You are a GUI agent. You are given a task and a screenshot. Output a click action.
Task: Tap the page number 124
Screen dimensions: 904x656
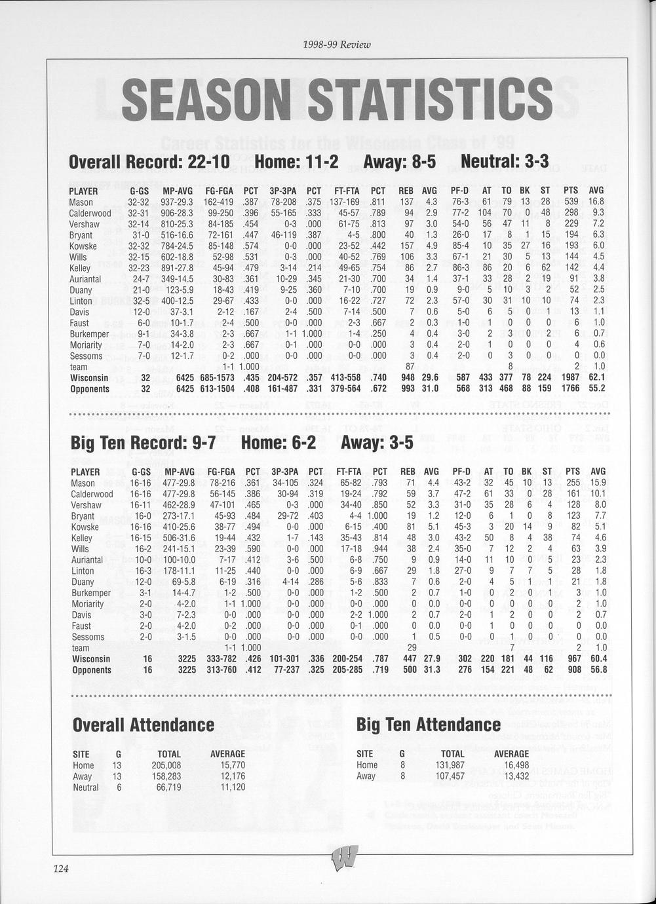pyautogui.click(x=61, y=869)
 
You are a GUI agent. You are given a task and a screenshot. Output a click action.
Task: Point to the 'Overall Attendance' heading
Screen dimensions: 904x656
pyautogui.click(x=144, y=725)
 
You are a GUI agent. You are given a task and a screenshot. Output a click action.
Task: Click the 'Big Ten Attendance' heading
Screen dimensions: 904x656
pyautogui.click(x=428, y=725)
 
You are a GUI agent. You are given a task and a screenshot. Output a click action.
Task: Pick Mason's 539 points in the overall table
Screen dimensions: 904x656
pyautogui.click(x=572, y=202)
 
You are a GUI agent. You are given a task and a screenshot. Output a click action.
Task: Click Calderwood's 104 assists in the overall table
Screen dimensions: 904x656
pyautogui.click(x=484, y=213)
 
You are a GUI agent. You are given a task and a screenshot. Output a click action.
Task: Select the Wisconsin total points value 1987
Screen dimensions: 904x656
pyautogui.click(x=571, y=378)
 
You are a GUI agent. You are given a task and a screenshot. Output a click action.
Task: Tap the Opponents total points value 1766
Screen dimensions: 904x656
pyautogui.click(x=571, y=389)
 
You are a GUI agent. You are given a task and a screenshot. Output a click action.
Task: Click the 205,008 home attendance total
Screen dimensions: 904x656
pyautogui.click(x=166, y=765)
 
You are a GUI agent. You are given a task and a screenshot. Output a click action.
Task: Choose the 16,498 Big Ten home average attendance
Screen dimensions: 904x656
pyautogui.click(x=512, y=765)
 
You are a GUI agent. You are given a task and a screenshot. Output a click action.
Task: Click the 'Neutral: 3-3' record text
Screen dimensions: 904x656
pyautogui.click(x=505, y=161)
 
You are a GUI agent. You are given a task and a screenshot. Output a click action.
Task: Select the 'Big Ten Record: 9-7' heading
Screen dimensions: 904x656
pyautogui.click(x=143, y=443)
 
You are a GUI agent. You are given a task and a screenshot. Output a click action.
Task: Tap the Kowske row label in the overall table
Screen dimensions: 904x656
pyautogui.click(x=83, y=246)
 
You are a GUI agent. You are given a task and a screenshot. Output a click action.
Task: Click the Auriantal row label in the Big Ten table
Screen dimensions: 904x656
pyautogui.click(x=87, y=560)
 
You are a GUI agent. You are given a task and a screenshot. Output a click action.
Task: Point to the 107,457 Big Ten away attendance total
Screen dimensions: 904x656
pyautogui.click(x=450, y=776)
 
